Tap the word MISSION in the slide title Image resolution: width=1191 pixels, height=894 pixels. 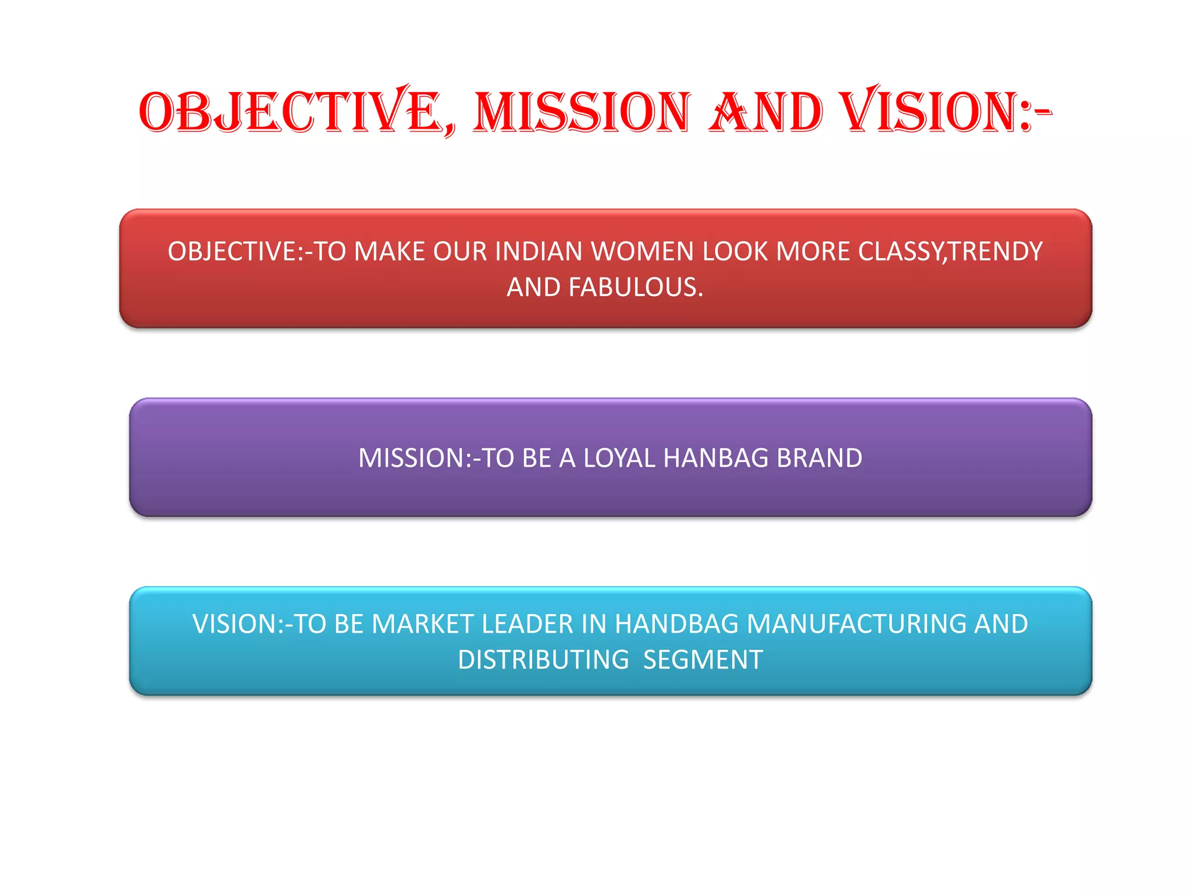click(x=582, y=112)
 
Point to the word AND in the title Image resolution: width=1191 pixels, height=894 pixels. click(x=766, y=112)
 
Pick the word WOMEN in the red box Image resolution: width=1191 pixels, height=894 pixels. click(x=643, y=252)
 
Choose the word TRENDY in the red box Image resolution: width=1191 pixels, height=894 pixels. click(x=996, y=252)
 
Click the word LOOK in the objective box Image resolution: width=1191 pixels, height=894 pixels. click(x=736, y=252)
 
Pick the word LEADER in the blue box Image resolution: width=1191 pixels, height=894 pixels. click(x=527, y=625)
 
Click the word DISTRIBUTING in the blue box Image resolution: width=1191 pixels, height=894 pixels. click(x=543, y=660)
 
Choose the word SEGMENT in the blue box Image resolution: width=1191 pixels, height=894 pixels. click(x=703, y=660)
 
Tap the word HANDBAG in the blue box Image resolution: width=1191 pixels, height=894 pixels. click(x=677, y=625)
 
